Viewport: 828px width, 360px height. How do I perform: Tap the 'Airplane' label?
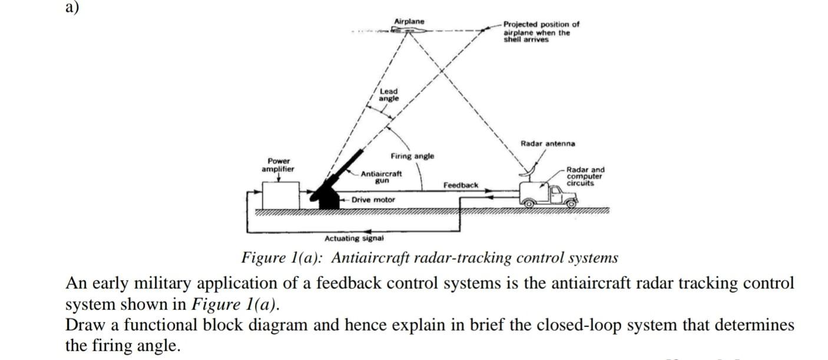pos(409,22)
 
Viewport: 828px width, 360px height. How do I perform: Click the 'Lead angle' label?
pos(389,95)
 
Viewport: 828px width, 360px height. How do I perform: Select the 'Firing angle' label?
pos(412,156)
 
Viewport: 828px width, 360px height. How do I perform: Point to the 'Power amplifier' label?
pos(279,165)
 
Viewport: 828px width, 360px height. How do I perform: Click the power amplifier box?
pos(281,195)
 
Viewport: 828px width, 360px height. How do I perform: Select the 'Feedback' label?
pos(461,186)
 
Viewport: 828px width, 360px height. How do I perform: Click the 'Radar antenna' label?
pos(548,144)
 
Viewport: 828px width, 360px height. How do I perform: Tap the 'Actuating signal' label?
pos(354,239)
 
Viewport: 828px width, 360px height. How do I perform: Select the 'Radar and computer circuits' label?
pos(585,176)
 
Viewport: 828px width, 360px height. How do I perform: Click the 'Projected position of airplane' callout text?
pos(540,32)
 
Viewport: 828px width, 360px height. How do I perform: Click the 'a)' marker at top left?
pos(72,8)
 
